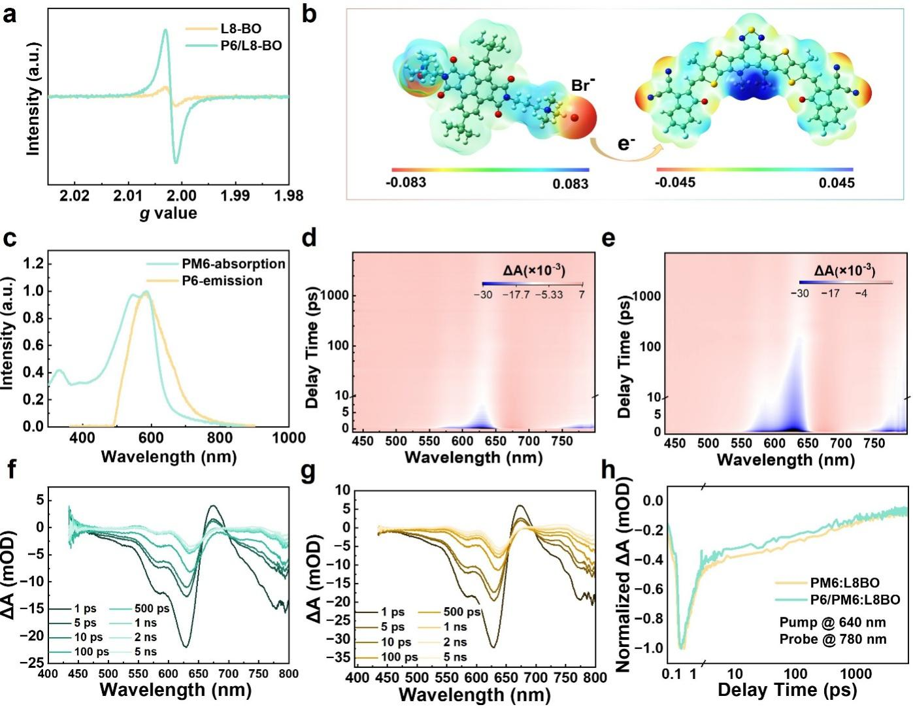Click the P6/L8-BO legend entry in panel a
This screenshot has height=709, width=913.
(x=251, y=46)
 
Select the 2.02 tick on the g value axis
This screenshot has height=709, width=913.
(x=75, y=195)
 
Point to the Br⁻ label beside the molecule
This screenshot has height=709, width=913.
(x=582, y=85)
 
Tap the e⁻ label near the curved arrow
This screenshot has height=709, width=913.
(x=626, y=143)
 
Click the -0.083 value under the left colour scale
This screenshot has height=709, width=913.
(x=406, y=182)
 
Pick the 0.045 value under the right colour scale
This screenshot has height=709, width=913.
(x=836, y=182)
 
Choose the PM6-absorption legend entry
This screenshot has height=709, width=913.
(x=233, y=264)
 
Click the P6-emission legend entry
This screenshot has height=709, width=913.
(x=222, y=281)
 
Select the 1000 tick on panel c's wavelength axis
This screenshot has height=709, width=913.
(x=289, y=437)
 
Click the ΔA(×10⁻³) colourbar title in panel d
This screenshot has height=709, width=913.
(x=534, y=271)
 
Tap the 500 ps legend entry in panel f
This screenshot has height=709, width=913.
(x=152, y=608)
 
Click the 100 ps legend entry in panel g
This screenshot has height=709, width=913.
(x=397, y=657)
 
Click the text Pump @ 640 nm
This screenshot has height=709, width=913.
(x=833, y=622)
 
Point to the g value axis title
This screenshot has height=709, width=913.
(x=168, y=213)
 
